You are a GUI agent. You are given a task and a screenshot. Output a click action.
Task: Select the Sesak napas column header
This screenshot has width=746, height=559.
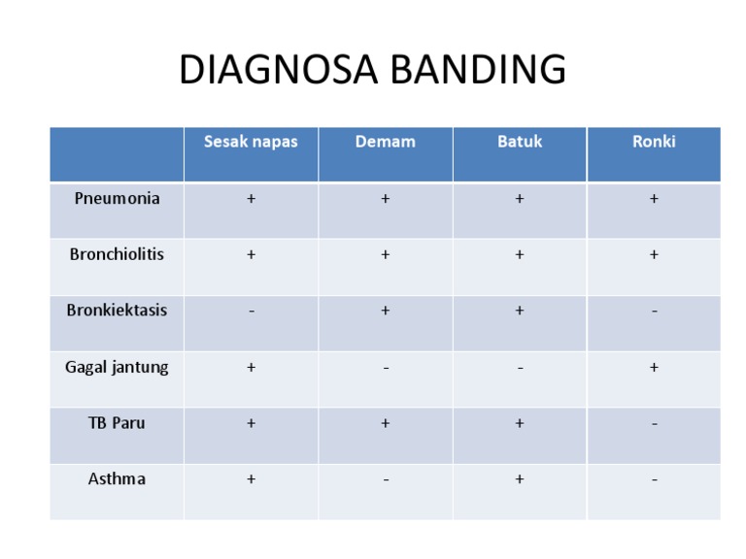pos(251,142)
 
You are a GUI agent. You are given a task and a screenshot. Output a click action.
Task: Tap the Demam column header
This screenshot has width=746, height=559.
pos(385,142)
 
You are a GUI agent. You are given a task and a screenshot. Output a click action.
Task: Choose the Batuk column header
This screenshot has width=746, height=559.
pos(520,142)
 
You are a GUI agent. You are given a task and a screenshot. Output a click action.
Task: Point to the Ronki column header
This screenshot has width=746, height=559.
pos(654,142)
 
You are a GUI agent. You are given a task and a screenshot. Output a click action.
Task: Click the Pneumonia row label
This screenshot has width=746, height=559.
pos(117,198)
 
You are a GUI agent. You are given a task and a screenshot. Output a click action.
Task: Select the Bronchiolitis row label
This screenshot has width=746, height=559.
pos(117,254)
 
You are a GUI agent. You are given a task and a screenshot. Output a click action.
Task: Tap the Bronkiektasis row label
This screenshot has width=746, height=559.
pos(117,311)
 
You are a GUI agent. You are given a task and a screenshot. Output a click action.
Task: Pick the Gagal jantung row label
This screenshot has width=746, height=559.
pos(117,367)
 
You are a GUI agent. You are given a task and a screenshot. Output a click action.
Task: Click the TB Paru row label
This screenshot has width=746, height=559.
pos(117,423)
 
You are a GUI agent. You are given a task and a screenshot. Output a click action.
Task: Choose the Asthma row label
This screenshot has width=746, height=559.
pos(117,479)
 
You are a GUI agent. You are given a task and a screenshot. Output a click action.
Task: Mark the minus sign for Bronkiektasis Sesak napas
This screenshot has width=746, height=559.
pos(252,312)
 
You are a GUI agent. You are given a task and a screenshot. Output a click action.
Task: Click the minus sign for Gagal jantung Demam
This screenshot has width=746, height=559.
pos(386,368)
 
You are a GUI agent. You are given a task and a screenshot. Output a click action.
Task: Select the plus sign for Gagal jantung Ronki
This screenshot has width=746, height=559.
pos(654,367)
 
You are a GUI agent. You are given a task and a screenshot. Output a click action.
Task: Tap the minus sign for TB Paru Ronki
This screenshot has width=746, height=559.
pos(654,424)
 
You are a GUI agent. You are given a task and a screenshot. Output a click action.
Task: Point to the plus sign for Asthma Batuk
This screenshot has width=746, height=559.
pos(520,479)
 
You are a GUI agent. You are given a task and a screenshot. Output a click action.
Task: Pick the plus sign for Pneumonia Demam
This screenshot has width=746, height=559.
pos(386,199)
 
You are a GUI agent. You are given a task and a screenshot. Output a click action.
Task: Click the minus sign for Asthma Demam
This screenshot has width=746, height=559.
pos(386,480)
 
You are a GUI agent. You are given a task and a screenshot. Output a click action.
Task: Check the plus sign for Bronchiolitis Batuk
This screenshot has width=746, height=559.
pos(520,255)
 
